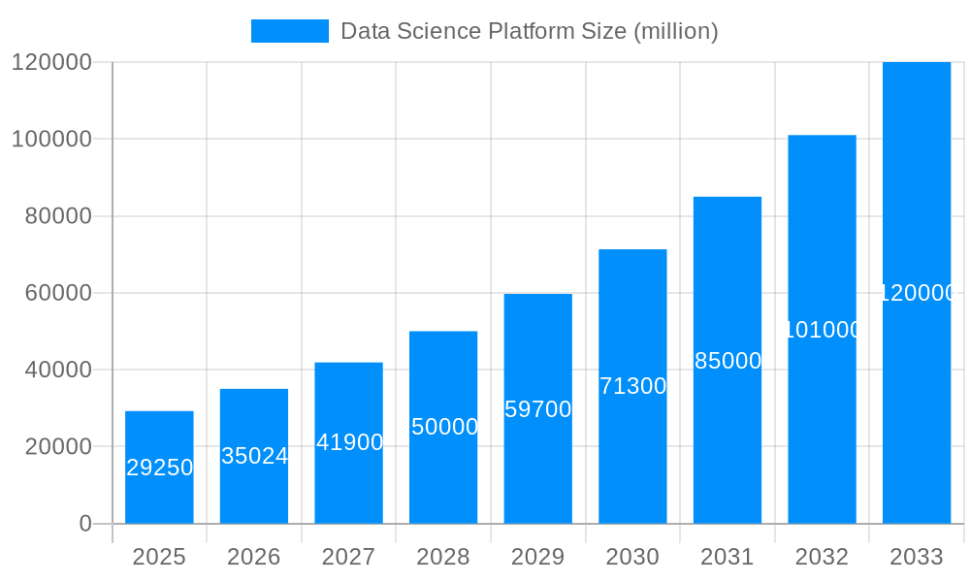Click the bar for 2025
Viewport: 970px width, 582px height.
click(x=159, y=468)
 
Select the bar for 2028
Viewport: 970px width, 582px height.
click(x=443, y=427)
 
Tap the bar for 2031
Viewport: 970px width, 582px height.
click(x=727, y=360)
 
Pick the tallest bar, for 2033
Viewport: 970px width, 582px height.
click(x=917, y=292)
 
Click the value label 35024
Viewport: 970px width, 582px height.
click(x=254, y=456)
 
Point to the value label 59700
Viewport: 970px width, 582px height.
click(x=538, y=409)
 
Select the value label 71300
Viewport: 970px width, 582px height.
click(x=632, y=386)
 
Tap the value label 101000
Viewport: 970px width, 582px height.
click(x=823, y=330)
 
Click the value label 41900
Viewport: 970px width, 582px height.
click(x=349, y=442)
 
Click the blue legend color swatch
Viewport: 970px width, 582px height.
click(x=289, y=31)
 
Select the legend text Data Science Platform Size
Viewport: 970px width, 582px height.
click(x=530, y=31)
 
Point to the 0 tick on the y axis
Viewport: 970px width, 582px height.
click(x=85, y=524)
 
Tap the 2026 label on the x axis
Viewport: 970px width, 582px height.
click(x=254, y=557)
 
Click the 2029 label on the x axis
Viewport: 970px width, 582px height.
click(x=538, y=557)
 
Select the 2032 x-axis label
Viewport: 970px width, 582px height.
click(x=823, y=557)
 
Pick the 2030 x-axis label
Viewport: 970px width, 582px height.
click(x=632, y=557)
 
